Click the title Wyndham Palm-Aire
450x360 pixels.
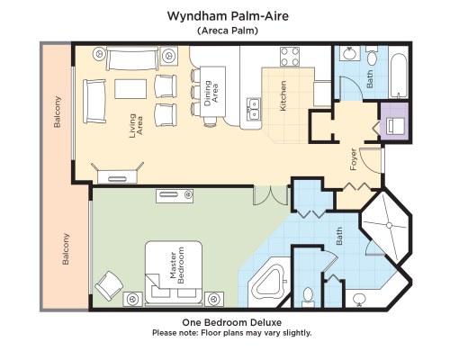pos(228,16)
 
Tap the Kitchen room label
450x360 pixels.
pos(283,96)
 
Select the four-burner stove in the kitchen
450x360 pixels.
pos(290,57)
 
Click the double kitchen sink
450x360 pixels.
pos(254,109)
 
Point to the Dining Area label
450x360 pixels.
pos(211,93)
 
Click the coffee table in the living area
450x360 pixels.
pos(130,89)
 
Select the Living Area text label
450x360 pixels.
pos(136,126)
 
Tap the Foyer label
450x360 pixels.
pos(354,159)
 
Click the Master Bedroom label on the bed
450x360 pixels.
pos(176,265)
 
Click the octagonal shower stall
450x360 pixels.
pos(387,225)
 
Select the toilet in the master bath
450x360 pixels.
pos(308,298)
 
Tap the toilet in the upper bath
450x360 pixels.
pos(373,56)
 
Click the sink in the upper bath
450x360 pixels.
pos(349,53)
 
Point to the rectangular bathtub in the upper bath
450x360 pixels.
pos(400,76)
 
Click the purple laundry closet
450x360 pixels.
pos(394,122)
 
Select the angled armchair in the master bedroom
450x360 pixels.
pos(109,285)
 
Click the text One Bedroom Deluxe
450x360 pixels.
pos(232,322)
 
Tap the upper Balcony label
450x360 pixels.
pos(57,112)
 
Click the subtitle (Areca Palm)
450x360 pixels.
pos(228,31)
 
